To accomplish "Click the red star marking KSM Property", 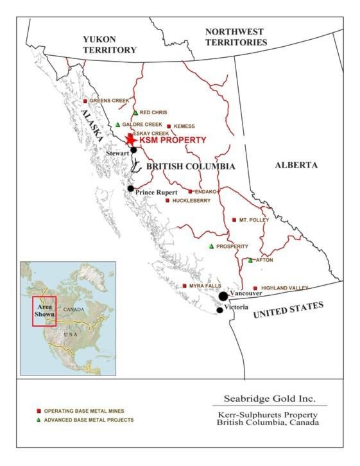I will click(131, 139).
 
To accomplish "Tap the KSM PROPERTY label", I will click(173, 140).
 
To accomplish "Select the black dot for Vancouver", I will click(223, 296).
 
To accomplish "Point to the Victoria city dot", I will click(219, 310).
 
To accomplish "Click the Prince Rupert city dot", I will click(130, 189).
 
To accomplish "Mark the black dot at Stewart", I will click(133, 150).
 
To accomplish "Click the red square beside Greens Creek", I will click(85, 101).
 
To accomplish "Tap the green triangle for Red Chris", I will click(135, 113).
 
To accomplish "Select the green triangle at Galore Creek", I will click(117, 125).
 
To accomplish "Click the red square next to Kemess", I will click(169, 126).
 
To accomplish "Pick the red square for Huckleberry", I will click(167, 200).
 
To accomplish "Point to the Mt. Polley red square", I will click(234, 220).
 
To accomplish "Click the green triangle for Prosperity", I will click(210, 246).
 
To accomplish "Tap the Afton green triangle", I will click(250, 260).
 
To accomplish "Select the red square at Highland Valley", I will click(255, 288).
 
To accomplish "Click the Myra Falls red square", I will click(184, 286).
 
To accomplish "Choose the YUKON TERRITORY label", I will click(110, 44).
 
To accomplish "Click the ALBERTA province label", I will click(296, 165).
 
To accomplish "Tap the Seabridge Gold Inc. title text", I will click(270, 398).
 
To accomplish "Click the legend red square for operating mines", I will click(39, 410).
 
